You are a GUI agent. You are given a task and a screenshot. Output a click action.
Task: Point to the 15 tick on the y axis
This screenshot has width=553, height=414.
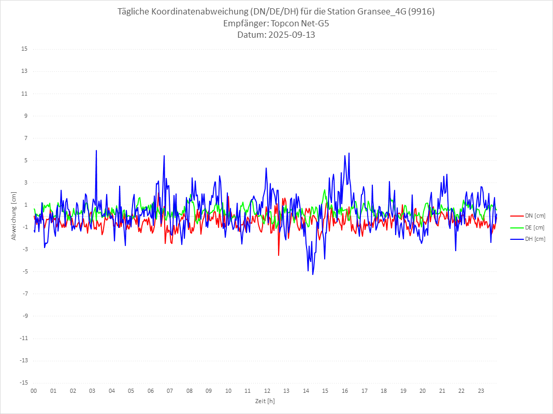pyautogui.click(x=24, y=49)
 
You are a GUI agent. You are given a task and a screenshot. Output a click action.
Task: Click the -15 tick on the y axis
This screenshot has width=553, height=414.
pyautogui.click(x=23, y=383)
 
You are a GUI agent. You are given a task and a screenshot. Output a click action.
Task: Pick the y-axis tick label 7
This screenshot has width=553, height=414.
pyautogui.click(x=25, y=138)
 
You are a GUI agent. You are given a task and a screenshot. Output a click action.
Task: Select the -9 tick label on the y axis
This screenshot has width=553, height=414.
pyautogui.click(x=24, y=316)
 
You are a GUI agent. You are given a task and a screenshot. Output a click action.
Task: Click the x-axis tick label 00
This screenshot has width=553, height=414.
pyautogui.click(x=34, y=391)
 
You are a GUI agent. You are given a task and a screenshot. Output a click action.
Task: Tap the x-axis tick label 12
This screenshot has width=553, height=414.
pyautogui.click(x=267, y=391)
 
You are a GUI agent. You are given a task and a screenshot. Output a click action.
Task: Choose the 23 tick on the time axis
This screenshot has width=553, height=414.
pyautogui.click(x=481, y=391)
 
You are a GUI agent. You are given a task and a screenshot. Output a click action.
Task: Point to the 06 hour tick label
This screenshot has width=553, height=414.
pyautogui.click(x=151, y=391)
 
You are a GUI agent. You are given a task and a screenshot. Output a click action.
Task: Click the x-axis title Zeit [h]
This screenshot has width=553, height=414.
pyautogui.click(x=265, y=401)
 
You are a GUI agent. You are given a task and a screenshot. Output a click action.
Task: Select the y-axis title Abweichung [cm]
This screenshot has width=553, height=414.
pyautogui.click(x=14, y=216)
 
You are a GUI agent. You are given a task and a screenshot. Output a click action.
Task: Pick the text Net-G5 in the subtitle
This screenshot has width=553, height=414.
pyautogui.click(x=316, y=24)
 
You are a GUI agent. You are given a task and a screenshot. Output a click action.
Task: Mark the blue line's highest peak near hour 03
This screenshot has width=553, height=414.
pyautogui.click(x=96, y=150)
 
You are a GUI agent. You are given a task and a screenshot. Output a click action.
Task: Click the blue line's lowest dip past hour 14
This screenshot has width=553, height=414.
pyautogui.click(x=313, y=274)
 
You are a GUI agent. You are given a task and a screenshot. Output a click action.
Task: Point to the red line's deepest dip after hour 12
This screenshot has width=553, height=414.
pyautogui.click(x=279, y=255)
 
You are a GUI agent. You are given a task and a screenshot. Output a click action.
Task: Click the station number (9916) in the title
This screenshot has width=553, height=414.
pyautogui.click(x=422, y=12)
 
